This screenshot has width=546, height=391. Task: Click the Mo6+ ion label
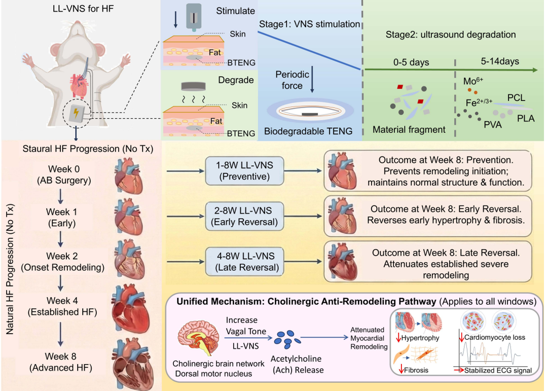tap(474, 81)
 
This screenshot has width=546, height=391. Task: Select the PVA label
tap(492, 124)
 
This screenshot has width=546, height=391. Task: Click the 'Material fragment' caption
tap(409, 130)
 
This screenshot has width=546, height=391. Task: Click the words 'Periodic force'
tap(293, 80)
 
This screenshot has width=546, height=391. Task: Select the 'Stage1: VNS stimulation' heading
tap(309, 24)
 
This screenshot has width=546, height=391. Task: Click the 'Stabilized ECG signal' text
tap(499, 371)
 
